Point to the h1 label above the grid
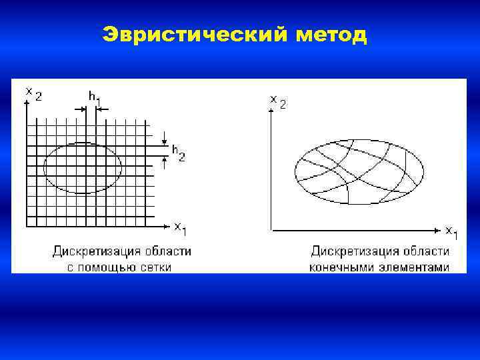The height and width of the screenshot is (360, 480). tap(95, 97)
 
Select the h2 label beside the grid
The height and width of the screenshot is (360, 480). tap(179, 153)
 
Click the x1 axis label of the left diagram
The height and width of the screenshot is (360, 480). tap(181, 228)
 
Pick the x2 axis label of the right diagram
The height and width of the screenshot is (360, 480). tap(278, 101)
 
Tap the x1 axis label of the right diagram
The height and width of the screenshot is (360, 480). tap(452, 231)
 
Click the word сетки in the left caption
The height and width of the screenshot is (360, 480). tap(154, 267)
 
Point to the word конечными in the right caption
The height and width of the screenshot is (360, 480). tap(339, 267)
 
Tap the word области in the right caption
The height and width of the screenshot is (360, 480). tap(426, 252)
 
